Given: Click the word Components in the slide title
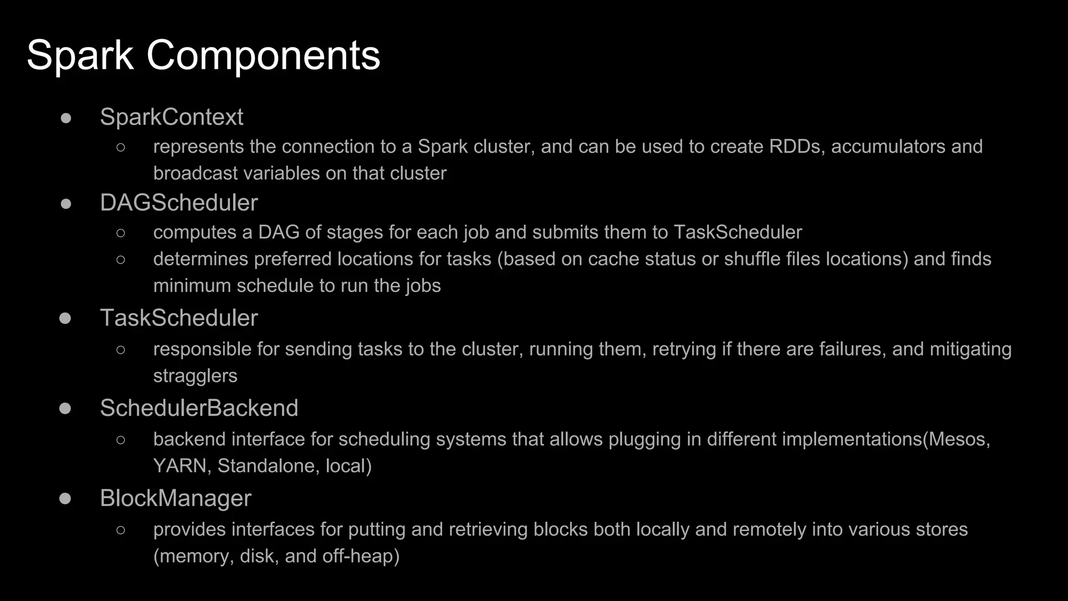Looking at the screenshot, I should coord(263,55).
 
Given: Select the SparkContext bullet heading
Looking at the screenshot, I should coord(172,117).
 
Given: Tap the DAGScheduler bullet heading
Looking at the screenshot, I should coord(179,203).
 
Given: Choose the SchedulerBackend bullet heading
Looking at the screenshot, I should coord(199,408).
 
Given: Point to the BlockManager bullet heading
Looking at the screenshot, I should coord(175,498).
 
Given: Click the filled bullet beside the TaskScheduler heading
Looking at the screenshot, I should coord(65,318).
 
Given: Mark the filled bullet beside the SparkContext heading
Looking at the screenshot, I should coord(66,118).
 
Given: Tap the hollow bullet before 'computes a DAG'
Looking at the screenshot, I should coord(121,233).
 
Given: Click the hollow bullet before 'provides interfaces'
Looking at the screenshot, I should coord(121,530).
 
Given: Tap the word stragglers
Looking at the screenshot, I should coord(195,376).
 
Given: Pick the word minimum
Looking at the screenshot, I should coord(192,286).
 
